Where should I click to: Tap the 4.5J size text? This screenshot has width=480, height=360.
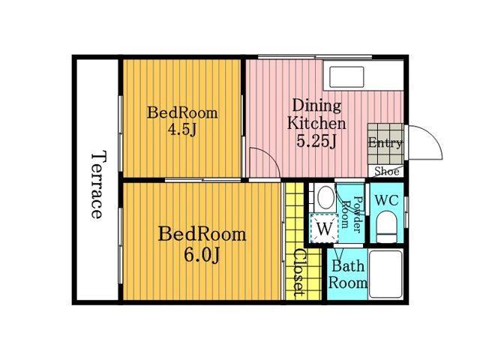coord(181,130)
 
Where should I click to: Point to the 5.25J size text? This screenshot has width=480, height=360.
coord(316,141)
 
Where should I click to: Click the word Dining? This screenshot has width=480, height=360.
coord(316,106)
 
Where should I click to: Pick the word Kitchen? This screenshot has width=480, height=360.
coord(316,123)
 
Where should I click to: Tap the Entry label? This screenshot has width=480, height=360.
coord(385,142)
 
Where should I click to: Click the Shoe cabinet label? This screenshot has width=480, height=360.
coord(387,171)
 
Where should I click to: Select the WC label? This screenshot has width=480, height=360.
coord(387,200)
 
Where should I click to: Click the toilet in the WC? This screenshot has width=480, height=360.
coord(387,228)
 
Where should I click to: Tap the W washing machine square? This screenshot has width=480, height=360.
coord(324,229)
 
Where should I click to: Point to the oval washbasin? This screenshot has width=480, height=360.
coord(325,197)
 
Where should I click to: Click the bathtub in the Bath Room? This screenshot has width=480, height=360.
coord(385,274)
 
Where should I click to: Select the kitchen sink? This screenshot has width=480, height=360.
coord(346,76)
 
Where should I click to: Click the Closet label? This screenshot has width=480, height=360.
coord(300,273)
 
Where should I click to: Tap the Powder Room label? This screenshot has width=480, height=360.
coord(352,213)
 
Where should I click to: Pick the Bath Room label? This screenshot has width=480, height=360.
coord(348,274)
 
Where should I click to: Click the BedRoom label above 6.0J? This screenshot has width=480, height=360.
coord(202,234)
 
